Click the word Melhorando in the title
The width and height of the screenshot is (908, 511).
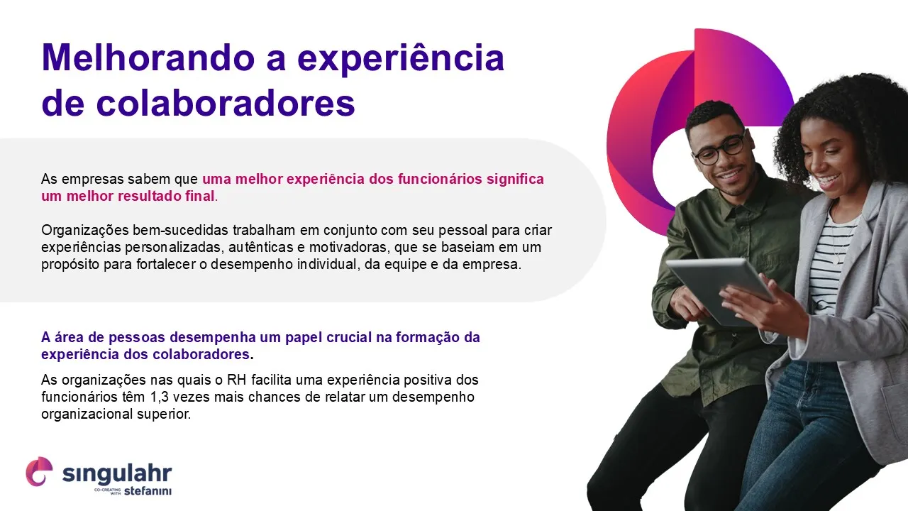tap(148, 58)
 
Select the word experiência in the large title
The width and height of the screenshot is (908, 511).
tap(401, 59)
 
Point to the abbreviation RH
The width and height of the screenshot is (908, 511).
tap(237, 380)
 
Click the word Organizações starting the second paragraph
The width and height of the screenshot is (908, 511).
tap(84, 231)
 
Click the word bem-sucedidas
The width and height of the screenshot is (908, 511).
tap(180, 230)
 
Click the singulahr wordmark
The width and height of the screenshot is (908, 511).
tap(117, 473)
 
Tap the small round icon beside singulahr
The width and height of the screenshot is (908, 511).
tap(39, 471)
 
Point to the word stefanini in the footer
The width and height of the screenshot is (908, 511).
tap(148, 490)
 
